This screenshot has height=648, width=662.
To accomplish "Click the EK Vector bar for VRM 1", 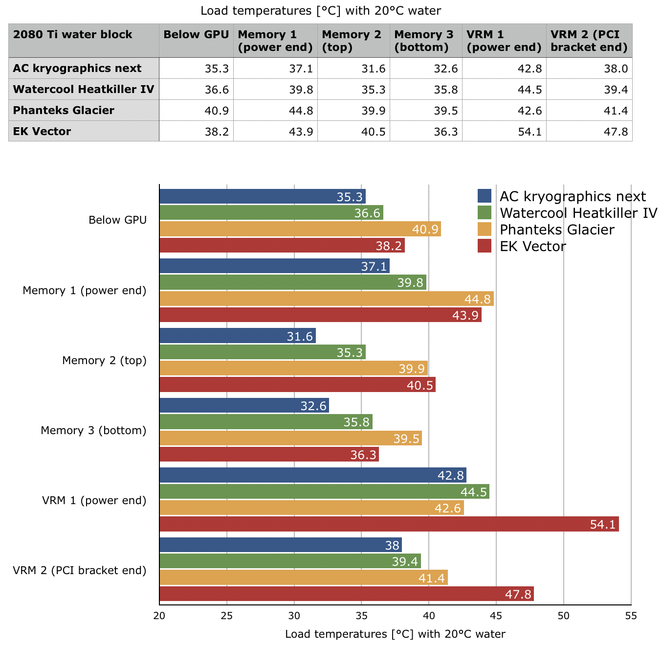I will [x=389, y=524].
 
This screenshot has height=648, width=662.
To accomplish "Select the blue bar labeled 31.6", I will [x=238, y=336].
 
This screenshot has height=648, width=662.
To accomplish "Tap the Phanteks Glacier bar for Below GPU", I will [x=300, y=229].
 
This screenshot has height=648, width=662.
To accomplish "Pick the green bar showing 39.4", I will [x=290, y=561].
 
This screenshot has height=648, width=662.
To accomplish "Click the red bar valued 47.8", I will [x=347, y=594].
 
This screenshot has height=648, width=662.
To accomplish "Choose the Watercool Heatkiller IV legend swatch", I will [x=484, y=212].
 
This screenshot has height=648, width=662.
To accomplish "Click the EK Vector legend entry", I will [x=532, y=246].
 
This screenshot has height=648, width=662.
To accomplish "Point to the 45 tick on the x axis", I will [x=496, y=616].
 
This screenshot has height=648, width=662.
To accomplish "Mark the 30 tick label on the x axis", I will [x=294, y=616].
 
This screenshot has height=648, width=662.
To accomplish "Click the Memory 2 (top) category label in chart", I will [x=104, y=361].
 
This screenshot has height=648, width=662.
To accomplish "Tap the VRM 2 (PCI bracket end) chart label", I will [x=80, y=570].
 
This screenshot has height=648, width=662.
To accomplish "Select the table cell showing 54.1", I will [x=504, y=131].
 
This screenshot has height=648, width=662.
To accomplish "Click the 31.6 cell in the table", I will [x=353, y=69].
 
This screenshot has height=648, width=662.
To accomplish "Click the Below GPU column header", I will [x=196, y=34].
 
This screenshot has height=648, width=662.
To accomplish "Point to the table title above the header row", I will [x=321, y=10].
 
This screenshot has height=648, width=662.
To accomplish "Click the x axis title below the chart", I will [x=395, y=634].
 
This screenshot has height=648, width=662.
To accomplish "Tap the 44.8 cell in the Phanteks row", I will [x=275, y=110].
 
